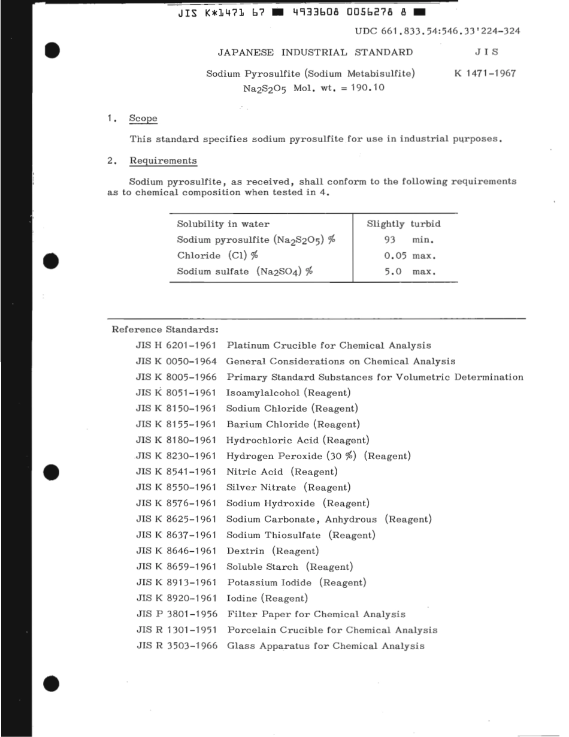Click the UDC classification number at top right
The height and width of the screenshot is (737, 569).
click(x=437, y=32)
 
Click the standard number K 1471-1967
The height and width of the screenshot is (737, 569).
click(x=486, y=74)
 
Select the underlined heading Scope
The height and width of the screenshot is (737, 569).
click(x=143, y=119)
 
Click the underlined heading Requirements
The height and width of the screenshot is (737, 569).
click(x=163, y=161)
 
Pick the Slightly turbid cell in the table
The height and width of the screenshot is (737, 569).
click(x=403, y=224)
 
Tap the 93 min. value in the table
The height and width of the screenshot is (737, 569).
click(x=408, y=240)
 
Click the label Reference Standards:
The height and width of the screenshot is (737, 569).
click(x=165, y=330)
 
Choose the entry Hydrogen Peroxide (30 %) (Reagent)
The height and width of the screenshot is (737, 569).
click(x=319, y=456)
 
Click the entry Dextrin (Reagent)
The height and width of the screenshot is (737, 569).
click(x=273, y=551)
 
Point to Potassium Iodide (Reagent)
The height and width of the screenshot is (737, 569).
click(x=296, y=582)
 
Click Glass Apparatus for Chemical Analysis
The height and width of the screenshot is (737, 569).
click(x=325, y=646)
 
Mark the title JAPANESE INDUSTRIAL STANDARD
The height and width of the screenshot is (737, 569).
click(x=315, y=52)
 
